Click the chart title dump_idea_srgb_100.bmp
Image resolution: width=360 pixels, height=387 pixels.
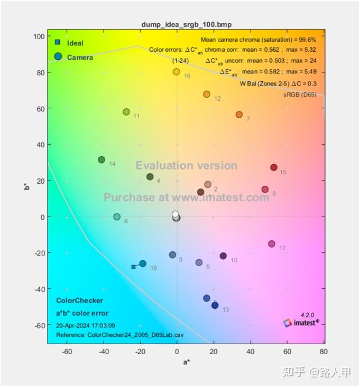[x=186, y=25]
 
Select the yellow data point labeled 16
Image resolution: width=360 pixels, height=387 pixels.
[x=177, y=72]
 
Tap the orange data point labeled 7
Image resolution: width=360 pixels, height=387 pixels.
[x=239, y=115]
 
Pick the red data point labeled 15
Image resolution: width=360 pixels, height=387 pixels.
[x=274, y=167]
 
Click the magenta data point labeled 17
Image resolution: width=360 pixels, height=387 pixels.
[x=272, y=244]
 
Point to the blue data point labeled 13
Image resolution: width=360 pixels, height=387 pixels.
[x=215, y=305]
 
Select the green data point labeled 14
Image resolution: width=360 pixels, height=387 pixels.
[x=101, y=160]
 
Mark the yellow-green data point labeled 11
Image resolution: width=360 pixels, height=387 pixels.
[x=126, y=112]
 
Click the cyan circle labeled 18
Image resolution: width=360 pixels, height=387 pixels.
[x=143, y=263]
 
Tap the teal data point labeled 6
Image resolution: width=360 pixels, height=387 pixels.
[x=117, y=217]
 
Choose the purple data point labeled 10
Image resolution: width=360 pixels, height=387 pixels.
[x=223, y=256]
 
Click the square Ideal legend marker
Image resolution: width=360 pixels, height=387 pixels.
[x=58, y=42]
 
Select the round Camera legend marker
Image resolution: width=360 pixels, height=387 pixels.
[x=58, y=56]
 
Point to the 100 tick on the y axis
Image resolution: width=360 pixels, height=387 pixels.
[x=38, y=36]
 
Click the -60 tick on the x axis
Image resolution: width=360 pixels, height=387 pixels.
[x=67, y=351]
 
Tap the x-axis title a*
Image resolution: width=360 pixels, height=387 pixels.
[x=186, y=362]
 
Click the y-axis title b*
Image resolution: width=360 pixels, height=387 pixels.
[x=27, y=186]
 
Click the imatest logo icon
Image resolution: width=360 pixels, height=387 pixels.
[x=288, y=322]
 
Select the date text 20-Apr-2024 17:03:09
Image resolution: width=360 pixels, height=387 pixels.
[x=86, y=325]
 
